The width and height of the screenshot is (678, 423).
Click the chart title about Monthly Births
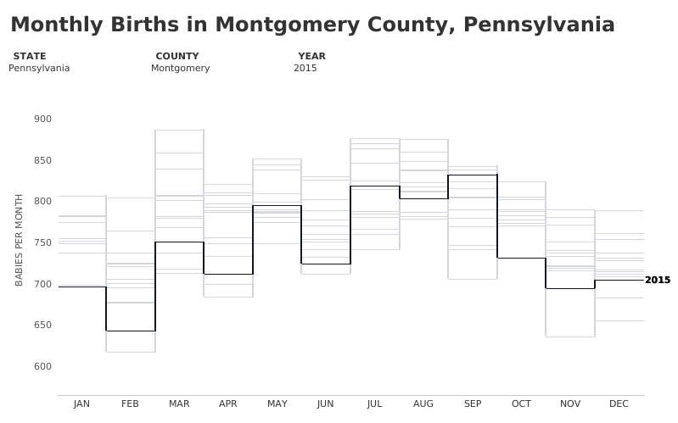pyautogui.click(x=312, y=25)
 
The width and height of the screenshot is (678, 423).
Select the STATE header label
pyautogui.click(x=30, y=56)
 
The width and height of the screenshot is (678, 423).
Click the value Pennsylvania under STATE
pyautogui.click(x=39, y=68)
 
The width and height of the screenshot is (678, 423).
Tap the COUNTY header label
pyautogui.click(x=177, y=56)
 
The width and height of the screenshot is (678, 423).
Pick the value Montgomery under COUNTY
pyautogui.click(x=180, y=68)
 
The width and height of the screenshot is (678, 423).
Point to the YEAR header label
pyautogui.click(x=311, y=56)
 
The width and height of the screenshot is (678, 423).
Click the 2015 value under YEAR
pyautogui.click(x=305, y=68)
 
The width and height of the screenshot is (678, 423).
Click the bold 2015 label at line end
pyautogui.click(x=657, y=280)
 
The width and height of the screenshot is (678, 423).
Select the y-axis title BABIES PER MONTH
pyautogui.click(x=20, y=240)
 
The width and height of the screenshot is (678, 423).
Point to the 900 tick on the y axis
pyautogui.click(x=42, y=120)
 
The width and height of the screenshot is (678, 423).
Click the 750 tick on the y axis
pyautogui.click(x=42, y=243)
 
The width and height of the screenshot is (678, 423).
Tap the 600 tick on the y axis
pyautogui.click(x=42, y=367)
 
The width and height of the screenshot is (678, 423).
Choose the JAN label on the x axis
pyautogui.click(x=81, y=404)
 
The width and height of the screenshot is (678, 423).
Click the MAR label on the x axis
pyautogui.click(x=179, y=404)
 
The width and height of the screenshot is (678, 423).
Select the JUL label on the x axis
pyautogui.click(x=374, y=404)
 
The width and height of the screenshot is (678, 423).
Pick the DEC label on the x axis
pyautogui.click(x=619, y=404)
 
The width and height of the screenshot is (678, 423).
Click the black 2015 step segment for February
pyautogui.click(x=131, y=331)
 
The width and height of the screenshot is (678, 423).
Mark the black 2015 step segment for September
pyautogui.click(x=473, y=175)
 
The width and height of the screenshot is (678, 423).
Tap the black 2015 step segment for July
pyautogui.click(x=375, y=186)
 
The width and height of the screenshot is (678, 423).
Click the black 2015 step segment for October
pyautogui.click(x=521, y=258)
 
